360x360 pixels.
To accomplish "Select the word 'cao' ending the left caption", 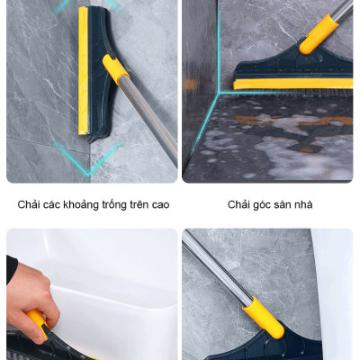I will pyautogui.click(x=158, y=205).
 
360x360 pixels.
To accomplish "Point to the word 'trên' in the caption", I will pyautogui.click(x=138, y=205).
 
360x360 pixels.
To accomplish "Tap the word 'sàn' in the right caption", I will pyautogui.click(x=284, y=205).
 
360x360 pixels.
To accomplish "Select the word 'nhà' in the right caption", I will pyautogui.click(x=304, y=205).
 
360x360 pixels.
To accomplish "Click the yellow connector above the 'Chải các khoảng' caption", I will pyautogui.click(x=116, y=71).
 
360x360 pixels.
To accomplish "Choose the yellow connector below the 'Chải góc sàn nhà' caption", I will pyautogui.click(x=264, y=317).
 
